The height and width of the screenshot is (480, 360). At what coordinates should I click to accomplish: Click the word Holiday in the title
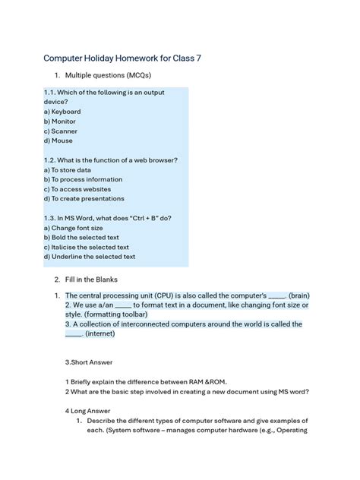point(106,58)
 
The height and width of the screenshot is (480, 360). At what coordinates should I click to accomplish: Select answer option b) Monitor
point(60,122)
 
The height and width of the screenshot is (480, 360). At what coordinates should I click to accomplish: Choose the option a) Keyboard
point(62,112)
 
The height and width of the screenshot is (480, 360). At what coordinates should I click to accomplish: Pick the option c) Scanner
point(61,131)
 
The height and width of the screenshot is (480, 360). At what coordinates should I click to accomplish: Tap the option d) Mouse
point(58,141)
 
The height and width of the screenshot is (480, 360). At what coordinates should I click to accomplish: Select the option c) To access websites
point(77,189)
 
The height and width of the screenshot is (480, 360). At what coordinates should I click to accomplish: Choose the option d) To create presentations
point(84,199)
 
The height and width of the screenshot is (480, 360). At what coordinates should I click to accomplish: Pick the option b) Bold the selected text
point(82,238)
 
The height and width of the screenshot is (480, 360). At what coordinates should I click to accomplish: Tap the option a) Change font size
point(74,228)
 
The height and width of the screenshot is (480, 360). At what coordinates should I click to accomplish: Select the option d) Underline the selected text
point(90,257)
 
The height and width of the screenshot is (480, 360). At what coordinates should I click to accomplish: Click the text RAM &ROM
point(201,382)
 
